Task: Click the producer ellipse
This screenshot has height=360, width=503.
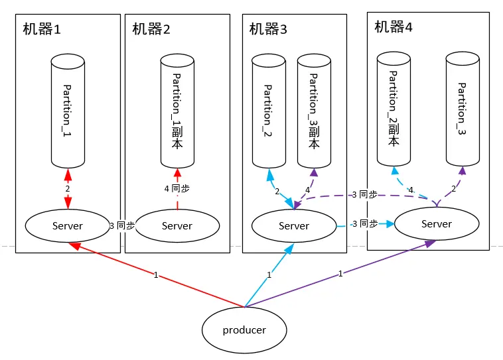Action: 244,330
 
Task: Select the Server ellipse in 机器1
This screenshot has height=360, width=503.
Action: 68,225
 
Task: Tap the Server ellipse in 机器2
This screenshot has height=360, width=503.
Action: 177,225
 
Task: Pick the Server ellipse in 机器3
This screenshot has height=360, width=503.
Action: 294,225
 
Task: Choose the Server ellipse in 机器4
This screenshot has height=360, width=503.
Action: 436,224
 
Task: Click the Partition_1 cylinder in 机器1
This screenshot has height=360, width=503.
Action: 68,111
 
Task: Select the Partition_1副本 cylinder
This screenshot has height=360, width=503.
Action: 177,111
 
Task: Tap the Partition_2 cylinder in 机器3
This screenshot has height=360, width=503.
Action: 269,111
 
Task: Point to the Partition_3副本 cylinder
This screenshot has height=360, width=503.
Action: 314,111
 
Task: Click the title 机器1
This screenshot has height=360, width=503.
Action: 42,29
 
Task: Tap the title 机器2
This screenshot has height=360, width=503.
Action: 151,29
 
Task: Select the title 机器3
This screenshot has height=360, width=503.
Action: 268,29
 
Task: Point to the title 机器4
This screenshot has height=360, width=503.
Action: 394,27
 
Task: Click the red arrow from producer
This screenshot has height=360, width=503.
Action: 157,275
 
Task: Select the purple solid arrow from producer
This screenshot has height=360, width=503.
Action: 340,274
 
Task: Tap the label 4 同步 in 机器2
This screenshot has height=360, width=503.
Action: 177,188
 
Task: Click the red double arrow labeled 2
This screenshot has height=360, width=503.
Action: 68,189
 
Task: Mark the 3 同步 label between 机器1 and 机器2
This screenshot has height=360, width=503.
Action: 123,225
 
